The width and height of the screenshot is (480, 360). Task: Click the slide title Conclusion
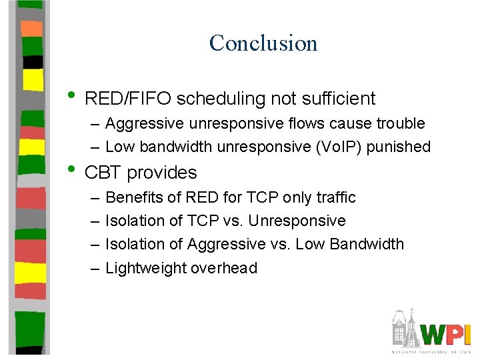(x=263, y=43)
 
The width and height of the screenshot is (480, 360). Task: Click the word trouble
(x=400, y=123)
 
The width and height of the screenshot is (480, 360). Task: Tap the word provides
(x=162, y=173)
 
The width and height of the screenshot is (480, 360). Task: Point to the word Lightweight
(x=141, y=268)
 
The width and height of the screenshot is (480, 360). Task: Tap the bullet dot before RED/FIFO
(x=72, y=95)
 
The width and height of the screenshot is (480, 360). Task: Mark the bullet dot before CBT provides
(x=72, y=169)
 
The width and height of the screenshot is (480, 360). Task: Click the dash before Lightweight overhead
(x=93, y=268)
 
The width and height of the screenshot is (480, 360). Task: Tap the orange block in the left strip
(x=32, y=29)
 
